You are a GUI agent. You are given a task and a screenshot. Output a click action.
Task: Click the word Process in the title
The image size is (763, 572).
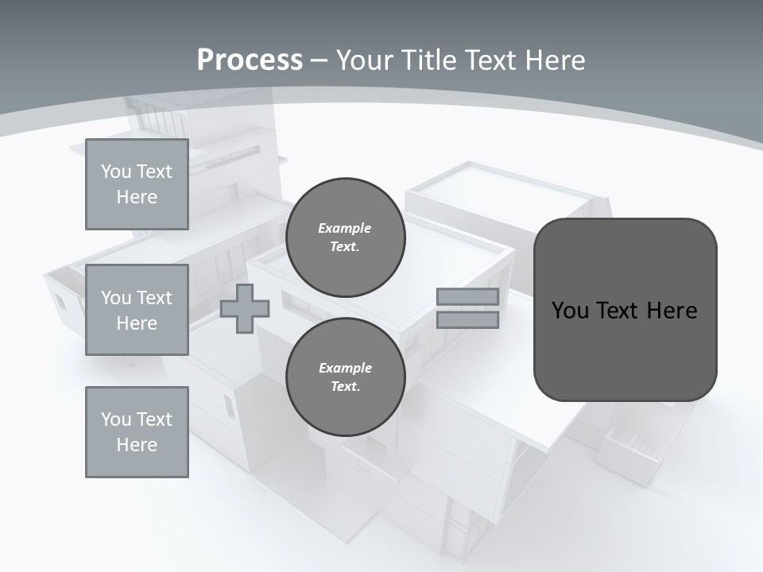click(250, 60)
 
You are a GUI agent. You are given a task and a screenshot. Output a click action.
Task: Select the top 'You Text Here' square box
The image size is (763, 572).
click(137, 184)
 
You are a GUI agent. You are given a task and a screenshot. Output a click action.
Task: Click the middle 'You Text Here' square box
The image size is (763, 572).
click(137, 310)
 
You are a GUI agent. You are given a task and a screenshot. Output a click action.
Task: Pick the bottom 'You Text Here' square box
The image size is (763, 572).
click(137, 432)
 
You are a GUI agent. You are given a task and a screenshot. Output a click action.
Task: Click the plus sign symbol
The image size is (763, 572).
click(245, 308)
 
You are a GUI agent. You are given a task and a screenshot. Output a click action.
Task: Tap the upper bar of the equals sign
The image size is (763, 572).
click(467, 296)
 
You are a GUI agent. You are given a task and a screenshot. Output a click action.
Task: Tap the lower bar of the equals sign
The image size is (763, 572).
click(467, 319)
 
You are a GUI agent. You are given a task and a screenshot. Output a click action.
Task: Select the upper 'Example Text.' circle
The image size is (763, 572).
click(345, 237)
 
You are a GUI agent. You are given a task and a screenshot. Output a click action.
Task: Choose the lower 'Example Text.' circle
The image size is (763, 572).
click(345, 377)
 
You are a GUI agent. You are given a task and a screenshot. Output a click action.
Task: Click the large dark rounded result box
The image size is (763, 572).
click(625, 310)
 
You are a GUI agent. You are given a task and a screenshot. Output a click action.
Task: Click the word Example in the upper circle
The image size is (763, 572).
click(345, 228)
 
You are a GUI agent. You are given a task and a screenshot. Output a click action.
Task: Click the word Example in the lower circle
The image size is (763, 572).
click(345, 368)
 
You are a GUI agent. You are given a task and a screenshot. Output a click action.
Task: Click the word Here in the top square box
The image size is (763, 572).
click(137, 197)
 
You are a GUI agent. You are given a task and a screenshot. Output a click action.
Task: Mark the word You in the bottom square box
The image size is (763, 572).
click(115, 419)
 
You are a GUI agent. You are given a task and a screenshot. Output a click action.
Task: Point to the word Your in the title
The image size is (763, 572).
click(362, 60)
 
